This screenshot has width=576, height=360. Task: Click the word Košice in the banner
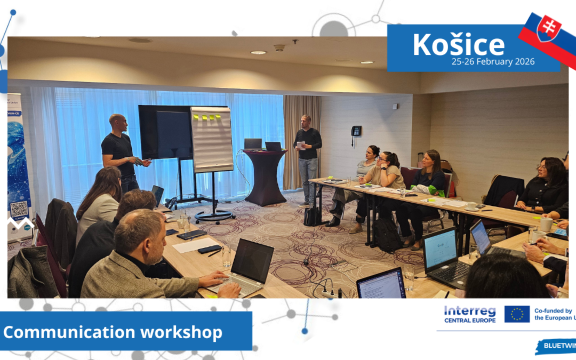click(458, 45)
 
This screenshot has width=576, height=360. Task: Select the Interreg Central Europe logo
click(469, 314)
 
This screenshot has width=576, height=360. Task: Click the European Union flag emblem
click(517, 314)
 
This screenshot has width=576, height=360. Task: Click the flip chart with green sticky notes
click(212, 139)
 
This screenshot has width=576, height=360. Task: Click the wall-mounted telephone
click(356, 131)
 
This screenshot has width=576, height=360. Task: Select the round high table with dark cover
click(265, 176)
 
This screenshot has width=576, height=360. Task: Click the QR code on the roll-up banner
click(19, 209)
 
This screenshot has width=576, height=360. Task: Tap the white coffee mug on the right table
click(546, 225)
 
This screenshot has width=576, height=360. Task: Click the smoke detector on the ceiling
click(279, 47)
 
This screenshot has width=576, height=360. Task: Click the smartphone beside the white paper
click(210, 249)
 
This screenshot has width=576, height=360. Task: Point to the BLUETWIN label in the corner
click(559, 346)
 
